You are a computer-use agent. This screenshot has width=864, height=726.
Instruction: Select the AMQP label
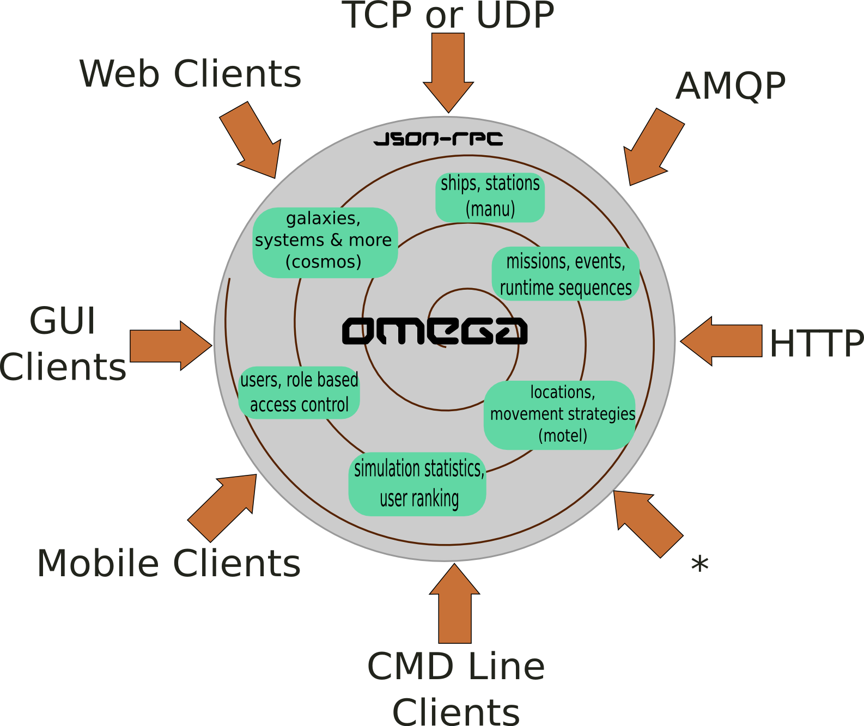731,86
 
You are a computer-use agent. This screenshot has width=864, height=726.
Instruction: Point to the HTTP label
816,343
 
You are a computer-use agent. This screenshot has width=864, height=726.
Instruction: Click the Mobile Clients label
169,563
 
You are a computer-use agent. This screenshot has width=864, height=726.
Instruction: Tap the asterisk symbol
699,565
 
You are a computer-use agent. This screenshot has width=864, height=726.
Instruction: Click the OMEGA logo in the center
434,331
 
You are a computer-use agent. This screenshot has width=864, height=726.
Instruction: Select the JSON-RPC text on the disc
438,139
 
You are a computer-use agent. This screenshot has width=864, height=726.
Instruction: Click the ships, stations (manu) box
490,197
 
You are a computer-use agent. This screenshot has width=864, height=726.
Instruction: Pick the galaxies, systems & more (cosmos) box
325,242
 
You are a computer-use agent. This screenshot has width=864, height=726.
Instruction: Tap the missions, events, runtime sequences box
565,274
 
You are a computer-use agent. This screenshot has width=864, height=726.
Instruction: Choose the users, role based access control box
299,392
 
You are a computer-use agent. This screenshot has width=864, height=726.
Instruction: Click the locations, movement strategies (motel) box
560,414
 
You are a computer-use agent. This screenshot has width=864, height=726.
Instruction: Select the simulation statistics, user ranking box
417,484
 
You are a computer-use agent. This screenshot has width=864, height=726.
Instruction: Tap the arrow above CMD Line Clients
455,605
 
